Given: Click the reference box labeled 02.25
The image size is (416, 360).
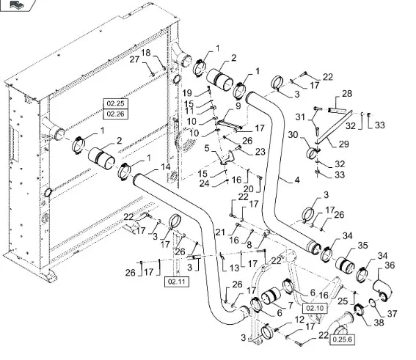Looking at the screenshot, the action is coord(115,103).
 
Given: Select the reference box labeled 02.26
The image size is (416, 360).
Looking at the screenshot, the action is coord(115,114).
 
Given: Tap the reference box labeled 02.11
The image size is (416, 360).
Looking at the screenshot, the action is coord(177,282).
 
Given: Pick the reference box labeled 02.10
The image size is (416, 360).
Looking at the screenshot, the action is coord(315,308).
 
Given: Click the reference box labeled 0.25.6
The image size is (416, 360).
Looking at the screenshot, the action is coord(342,339).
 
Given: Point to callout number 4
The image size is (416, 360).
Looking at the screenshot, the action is coord(297,180).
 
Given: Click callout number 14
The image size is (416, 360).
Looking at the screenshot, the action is coord(166,167).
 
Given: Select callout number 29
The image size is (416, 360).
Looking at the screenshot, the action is coord(344,144).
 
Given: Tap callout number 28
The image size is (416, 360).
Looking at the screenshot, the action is coord(347,94).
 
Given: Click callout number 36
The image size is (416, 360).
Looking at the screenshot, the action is coord(390,265).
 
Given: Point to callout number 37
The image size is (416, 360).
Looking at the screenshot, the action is coord(392,314).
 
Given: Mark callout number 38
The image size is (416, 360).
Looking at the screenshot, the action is coord(379,323).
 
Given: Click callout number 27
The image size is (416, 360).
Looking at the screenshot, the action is coord(134,59).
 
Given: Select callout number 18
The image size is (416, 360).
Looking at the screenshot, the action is coord(146,53).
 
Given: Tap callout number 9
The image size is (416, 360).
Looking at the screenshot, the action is coord(238,106).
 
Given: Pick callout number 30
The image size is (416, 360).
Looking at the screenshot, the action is coord(293,135).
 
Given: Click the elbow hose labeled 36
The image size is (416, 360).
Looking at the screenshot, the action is coord(382,290).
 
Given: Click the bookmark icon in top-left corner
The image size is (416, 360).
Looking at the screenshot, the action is coord(16,4).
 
